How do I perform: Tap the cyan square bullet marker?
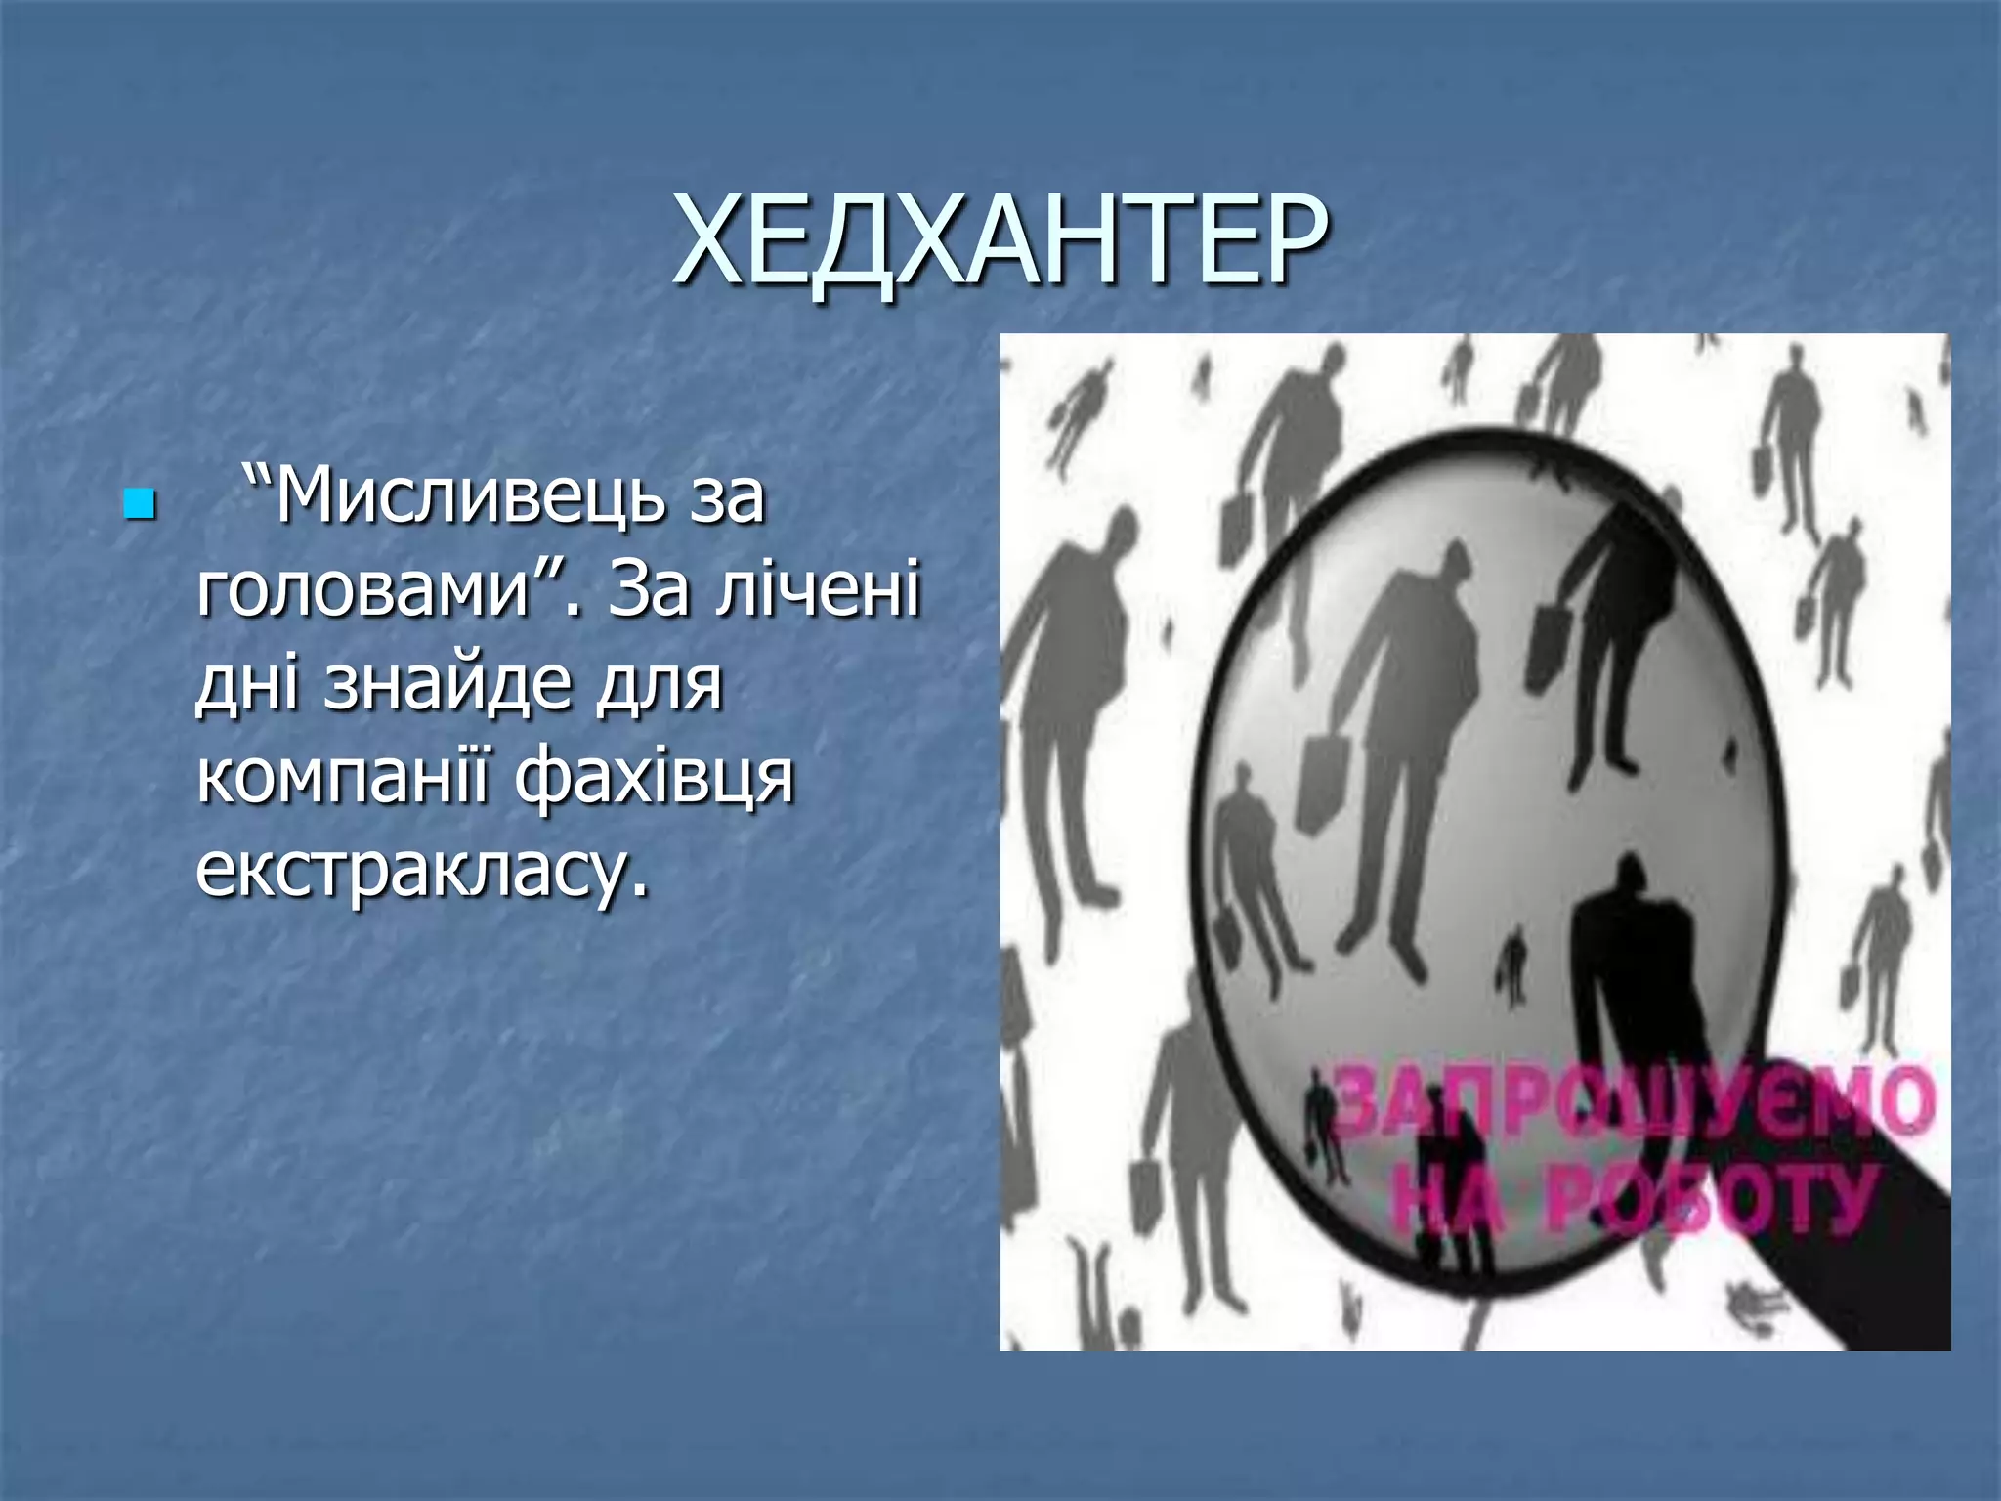140,504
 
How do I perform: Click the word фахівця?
656,777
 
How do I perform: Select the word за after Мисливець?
727,496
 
